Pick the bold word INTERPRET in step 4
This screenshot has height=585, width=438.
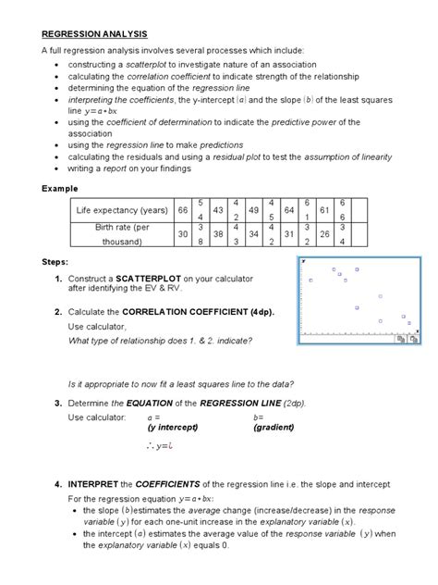pos(98,484)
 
